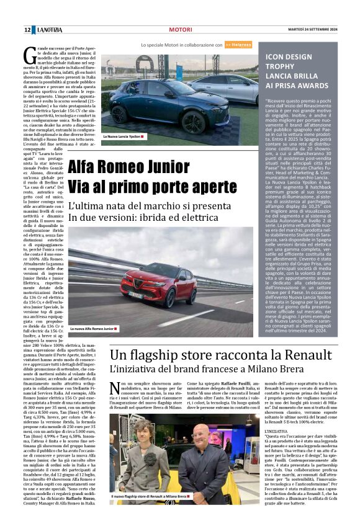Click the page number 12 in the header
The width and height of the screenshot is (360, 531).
(27, 30)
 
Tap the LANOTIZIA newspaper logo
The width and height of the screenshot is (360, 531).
(48, 30)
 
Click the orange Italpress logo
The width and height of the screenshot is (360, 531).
(238, 45)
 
